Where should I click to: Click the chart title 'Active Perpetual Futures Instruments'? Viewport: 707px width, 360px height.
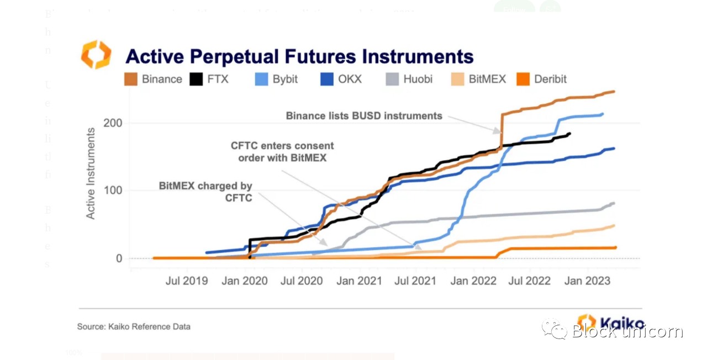tap(299, 56)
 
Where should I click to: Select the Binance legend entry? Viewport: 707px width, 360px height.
tap(154, 79)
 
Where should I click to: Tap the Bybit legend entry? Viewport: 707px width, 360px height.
tap(276, 79)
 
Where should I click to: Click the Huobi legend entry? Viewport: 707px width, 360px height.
tap(409, 79)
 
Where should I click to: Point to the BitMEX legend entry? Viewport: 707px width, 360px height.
tap(479, 79)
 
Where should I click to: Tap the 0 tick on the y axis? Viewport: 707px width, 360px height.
tap(118, 258)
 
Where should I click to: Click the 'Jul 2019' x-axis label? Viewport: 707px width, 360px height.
tap(187, 281)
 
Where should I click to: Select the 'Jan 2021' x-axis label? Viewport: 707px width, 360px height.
tap(359, 281)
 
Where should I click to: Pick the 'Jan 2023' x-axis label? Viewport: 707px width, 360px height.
tap(588, 281)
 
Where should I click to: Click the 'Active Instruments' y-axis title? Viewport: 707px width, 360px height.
tap(91, 173)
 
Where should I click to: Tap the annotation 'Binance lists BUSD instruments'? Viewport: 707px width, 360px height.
tap(364, 116)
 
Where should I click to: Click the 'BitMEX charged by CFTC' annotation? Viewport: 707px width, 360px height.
tap(205, 192)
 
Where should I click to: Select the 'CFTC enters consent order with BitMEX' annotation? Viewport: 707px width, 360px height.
tap(282, 152)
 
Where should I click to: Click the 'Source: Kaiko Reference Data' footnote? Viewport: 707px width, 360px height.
tap(134, 327)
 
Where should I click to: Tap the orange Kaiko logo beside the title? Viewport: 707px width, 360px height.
tap(96, 55)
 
